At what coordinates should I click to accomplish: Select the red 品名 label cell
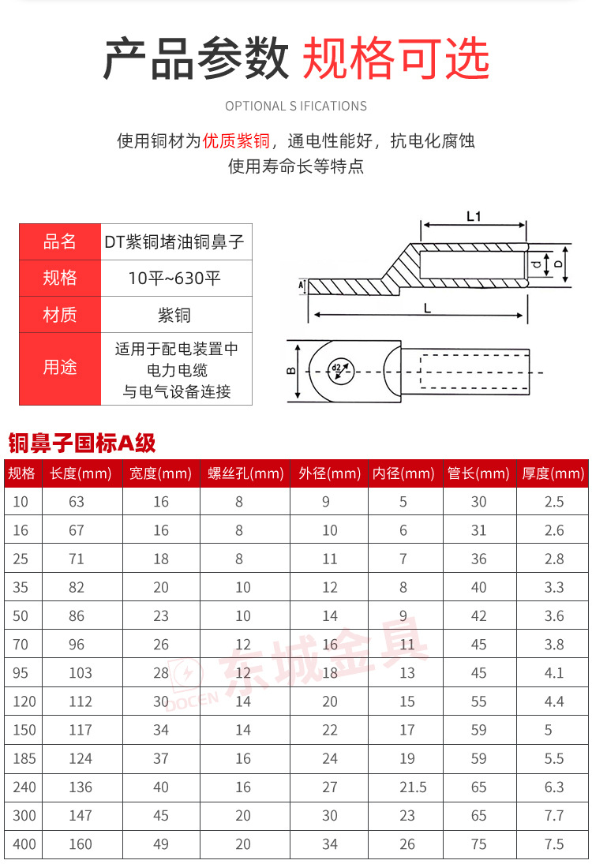pos(60,241)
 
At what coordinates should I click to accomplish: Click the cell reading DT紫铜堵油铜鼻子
pos(174,241)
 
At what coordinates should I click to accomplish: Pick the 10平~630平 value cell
pos(174,278)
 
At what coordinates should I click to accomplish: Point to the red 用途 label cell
pos(60,368)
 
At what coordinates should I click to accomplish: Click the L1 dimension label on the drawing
pos(474,215)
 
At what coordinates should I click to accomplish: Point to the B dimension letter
pos(290,371)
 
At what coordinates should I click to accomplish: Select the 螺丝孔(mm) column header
pos(245,473)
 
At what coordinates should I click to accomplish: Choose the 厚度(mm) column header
pos(553,473)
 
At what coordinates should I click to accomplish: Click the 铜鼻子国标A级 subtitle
pos(82,443)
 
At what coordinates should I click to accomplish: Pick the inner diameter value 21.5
pos(407,787)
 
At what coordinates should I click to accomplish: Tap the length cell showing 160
pos(80,843)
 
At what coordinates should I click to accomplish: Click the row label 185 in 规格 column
pos(24,758)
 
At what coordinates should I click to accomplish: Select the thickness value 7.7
pos(554,815)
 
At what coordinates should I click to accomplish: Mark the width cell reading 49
pos(161,843)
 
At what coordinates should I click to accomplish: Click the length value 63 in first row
pos(77,502)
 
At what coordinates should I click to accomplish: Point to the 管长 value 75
pos(479,843)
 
